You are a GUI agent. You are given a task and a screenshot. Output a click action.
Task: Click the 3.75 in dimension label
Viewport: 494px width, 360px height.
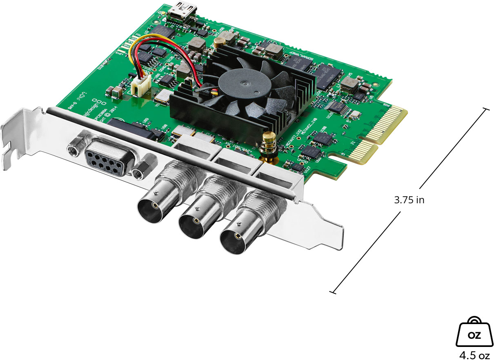point(409,200)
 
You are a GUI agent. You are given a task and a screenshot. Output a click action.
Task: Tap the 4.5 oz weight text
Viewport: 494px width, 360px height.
point(474,354)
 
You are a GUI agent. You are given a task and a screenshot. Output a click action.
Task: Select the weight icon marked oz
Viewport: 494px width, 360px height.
point(474,332)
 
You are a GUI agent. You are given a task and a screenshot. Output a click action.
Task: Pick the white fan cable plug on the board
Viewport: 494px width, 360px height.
point(140,86)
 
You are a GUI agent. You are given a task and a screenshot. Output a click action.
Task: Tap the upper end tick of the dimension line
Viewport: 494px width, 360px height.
point(485,109)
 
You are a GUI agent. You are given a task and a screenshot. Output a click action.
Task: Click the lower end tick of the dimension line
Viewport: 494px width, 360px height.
point(334,291)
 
